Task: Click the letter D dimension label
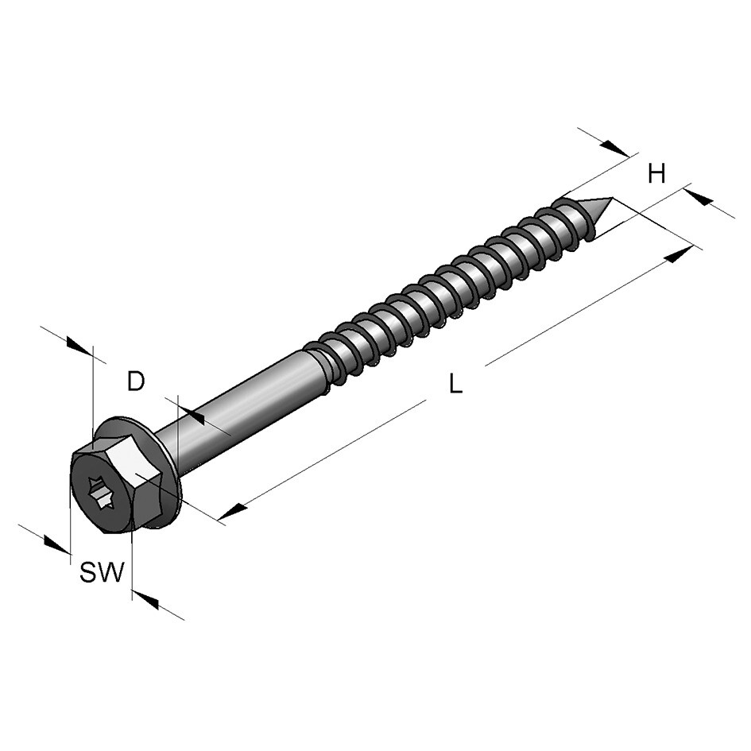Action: pos(137,381)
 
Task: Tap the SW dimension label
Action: pos(103,571)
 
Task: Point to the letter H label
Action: pos(656,174)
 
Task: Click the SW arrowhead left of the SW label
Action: pos(56,544)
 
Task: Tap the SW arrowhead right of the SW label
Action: pos(146,600)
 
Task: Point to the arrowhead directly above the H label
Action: pos(615,149)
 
